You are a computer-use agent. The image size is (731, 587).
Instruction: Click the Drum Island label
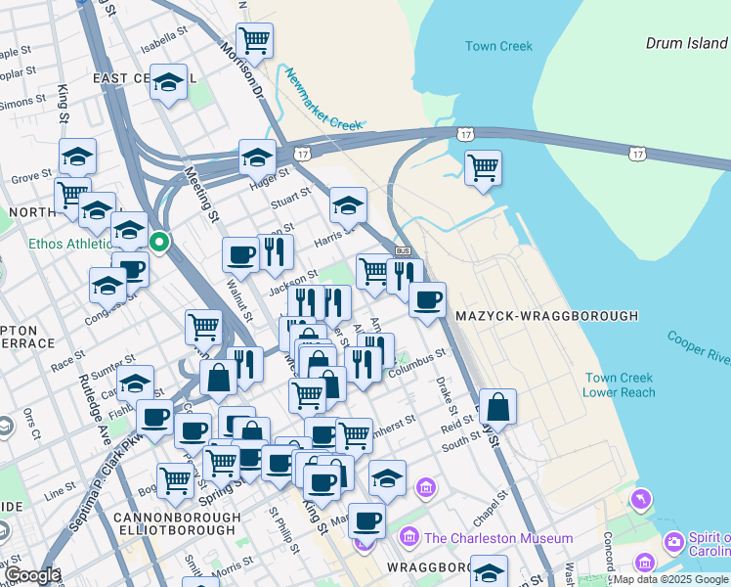click(x=686, y=43)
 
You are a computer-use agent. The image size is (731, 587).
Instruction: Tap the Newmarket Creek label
click(x=323, y=98)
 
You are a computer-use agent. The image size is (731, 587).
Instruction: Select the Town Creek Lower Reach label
click(x=613, y=385)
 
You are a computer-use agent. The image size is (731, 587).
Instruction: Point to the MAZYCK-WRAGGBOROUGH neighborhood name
click(x=546, y=316)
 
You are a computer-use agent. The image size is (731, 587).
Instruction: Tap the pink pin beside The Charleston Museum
click(x=408, y=538)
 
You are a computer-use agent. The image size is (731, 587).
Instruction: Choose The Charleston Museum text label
click(x=498, y=538)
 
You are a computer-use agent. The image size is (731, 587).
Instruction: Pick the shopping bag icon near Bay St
click(x=497, y=406)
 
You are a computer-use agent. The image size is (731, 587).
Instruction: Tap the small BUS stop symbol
click(x=404, y=251)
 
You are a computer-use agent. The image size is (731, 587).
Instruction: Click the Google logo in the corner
click(x=31, y=576)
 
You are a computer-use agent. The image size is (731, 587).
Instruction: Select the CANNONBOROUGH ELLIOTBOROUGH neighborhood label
click(x=176, y=523)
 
